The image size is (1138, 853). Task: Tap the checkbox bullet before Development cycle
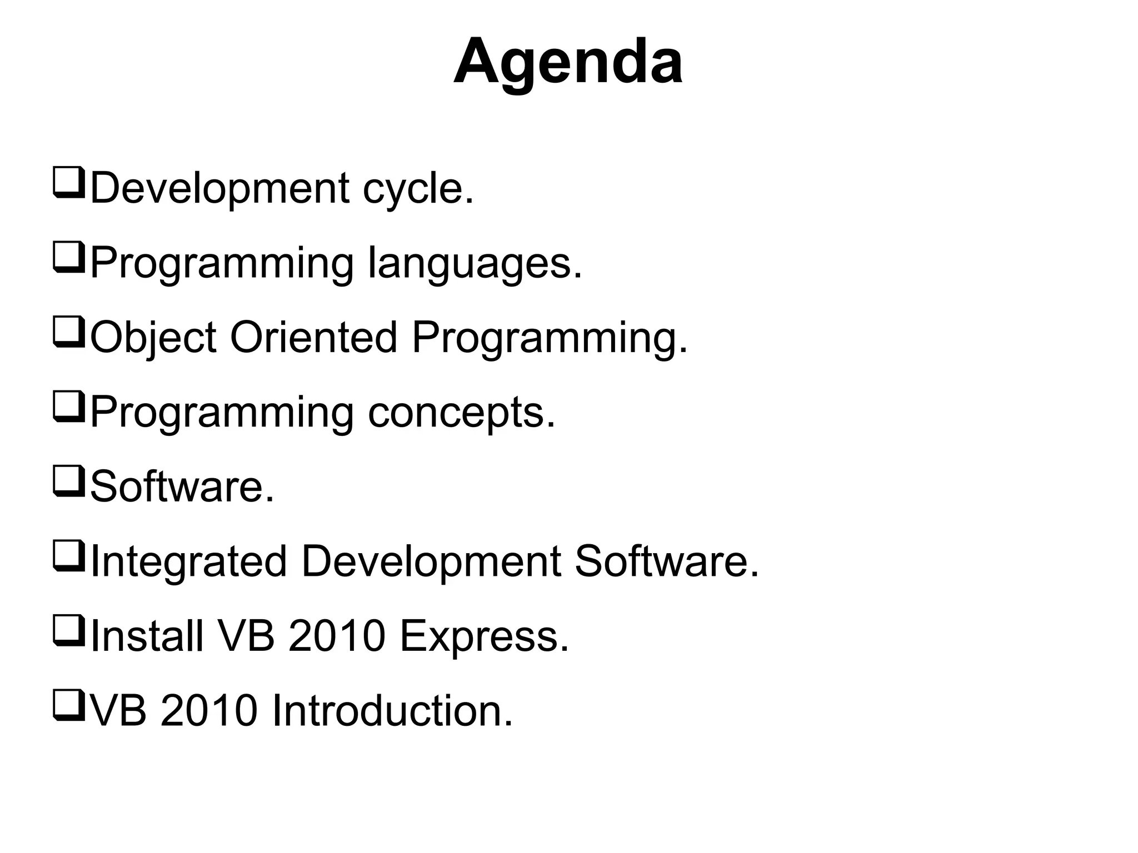click(68, 182)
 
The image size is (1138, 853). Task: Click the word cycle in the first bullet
click(418, 189)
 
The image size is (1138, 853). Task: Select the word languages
click(475, 264)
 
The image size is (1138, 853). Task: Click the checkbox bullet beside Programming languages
click(68, 257)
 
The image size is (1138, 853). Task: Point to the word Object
click(153, 338)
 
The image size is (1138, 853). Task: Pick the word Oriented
click(313, 337)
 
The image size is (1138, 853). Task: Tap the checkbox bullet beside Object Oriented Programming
click(68, 332)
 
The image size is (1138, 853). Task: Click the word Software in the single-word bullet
click(182, 487)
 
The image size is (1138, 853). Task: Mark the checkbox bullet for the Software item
click(68, 481)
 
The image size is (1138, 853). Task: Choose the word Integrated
click(188, 562)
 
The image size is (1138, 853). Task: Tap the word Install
click(147, 636)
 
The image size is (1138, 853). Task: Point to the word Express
click(484, 636)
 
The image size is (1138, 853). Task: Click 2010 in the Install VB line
click(337, 636)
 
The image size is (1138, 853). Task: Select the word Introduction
click(392, 711)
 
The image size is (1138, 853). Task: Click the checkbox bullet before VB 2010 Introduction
click(68, 705)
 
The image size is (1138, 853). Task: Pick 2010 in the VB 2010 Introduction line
click(209, 711)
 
